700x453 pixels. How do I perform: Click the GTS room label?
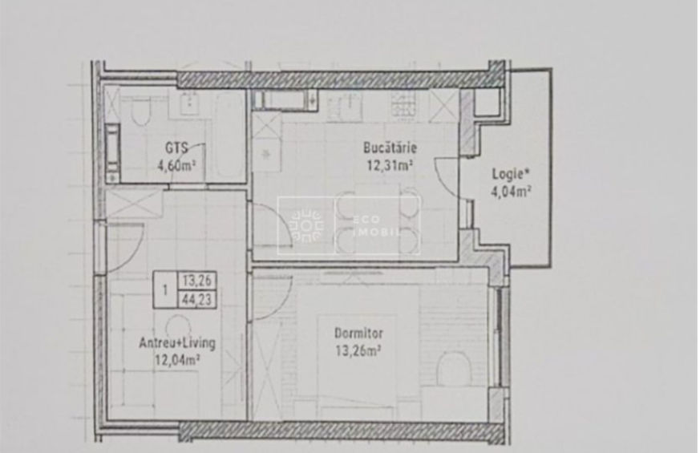pyautogui.click(x=176, y=148)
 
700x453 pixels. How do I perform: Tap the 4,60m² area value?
pyautogui.click(x=176, y=166)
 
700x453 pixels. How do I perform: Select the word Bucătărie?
pyautogui.click(x=390, y=148)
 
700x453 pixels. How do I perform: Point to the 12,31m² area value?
pyautogui.click(x=389, y=166)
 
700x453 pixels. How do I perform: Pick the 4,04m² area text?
pyautogui.click(x=511, y=192)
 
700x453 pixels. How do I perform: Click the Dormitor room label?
pyautogui.click(x=359, y=334)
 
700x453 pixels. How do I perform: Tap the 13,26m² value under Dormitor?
pyautogui.click(x=358, y=351)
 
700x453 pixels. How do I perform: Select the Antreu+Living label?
pyautogui.click(x=177, y=343)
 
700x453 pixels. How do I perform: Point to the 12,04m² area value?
pyautogui.click(x=177, y=360)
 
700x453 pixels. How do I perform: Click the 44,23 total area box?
pyautogui.click(x=197, y=299)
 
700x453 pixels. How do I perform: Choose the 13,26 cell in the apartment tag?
pyautogui.click(x=197, y=281)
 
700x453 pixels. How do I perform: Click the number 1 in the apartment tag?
pyautogui.click(x=165, y=290)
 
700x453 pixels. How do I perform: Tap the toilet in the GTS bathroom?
pyautogui.click(x=141, y=111)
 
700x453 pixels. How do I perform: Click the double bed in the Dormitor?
pyautogui.click(x=357, y=366)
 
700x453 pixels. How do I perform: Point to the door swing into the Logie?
pyautogui.click(x=447, y=178)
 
